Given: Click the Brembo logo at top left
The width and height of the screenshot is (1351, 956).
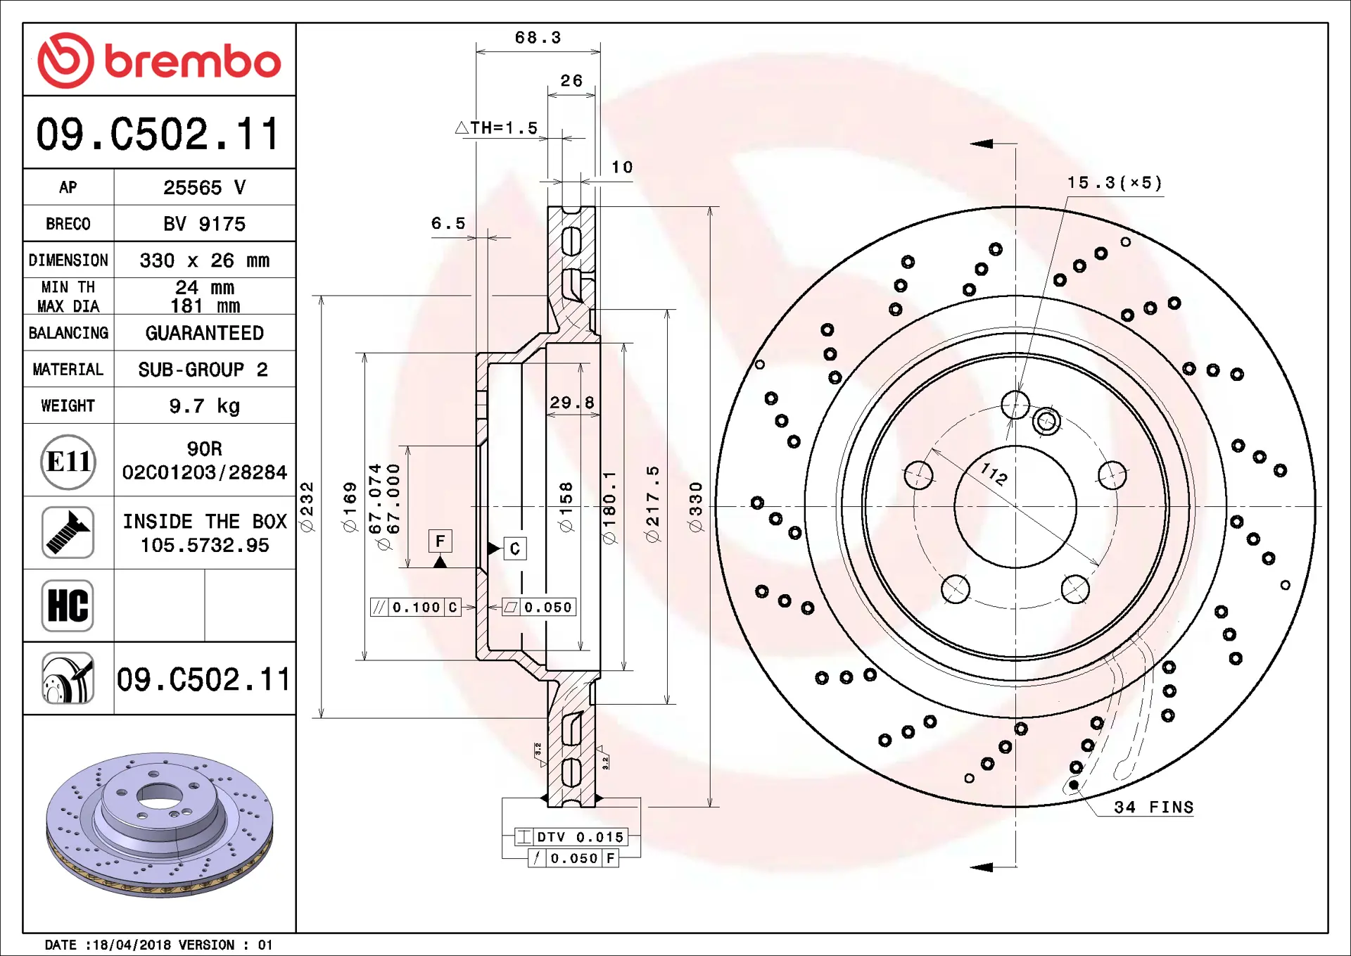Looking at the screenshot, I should point(159,61).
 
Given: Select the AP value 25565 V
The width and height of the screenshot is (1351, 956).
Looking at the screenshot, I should point(204,187).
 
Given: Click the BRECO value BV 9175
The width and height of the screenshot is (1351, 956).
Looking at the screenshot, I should point(204,224).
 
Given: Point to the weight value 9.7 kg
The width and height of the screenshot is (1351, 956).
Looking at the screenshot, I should point(204,406).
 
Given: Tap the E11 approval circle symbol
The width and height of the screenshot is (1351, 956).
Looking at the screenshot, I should point(68,462).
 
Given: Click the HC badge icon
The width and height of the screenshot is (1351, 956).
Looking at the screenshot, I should point(68,605).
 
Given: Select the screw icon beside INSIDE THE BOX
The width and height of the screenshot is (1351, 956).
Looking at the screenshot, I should point(68,533).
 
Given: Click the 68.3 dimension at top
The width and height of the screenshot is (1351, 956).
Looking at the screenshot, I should point(538,38).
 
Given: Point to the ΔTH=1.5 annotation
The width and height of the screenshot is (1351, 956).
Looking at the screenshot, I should point(497,128).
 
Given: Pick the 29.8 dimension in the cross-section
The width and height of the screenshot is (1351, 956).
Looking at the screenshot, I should point(571,403).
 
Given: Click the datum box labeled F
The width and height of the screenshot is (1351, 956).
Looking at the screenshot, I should point(440,541).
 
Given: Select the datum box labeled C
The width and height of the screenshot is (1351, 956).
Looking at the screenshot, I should point(515,548).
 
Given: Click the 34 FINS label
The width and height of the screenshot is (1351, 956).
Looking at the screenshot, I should point(1153,807).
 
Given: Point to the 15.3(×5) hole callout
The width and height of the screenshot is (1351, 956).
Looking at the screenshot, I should point(1114,183).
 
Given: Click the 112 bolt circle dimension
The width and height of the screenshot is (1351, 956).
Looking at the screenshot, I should point(994,474).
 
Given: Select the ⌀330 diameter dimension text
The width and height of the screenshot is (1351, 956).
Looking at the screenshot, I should point(695,507).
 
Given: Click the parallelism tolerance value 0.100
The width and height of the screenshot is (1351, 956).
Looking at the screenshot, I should point(416,608).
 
